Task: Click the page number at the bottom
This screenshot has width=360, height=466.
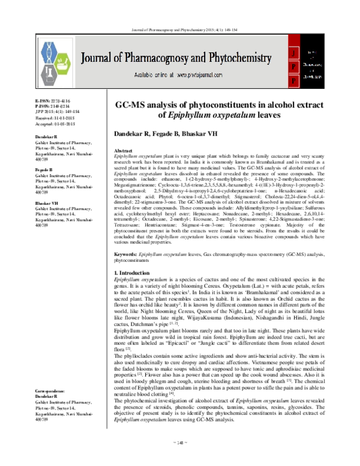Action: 180,458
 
